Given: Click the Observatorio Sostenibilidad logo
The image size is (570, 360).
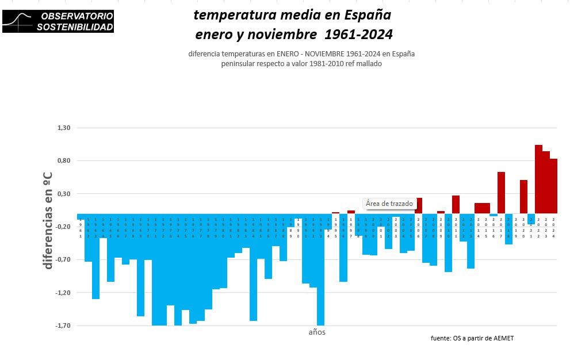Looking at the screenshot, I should coord(58,21).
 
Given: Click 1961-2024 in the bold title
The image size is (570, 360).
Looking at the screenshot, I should coord(358,35).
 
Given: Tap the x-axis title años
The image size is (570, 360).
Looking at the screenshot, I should coord(317,332).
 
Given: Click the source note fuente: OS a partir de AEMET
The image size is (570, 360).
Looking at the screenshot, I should coord(472,338).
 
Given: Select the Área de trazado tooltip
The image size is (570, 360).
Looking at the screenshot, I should coord(389,204).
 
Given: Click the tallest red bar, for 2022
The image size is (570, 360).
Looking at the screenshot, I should coord(538,178).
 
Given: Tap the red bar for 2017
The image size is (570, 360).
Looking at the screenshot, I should coord(501,192).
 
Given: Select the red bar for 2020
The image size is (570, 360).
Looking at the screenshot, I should coord(523,196).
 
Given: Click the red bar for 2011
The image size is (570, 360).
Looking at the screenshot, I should coord(456,204).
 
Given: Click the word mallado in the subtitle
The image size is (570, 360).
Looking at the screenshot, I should coord(369,64).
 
